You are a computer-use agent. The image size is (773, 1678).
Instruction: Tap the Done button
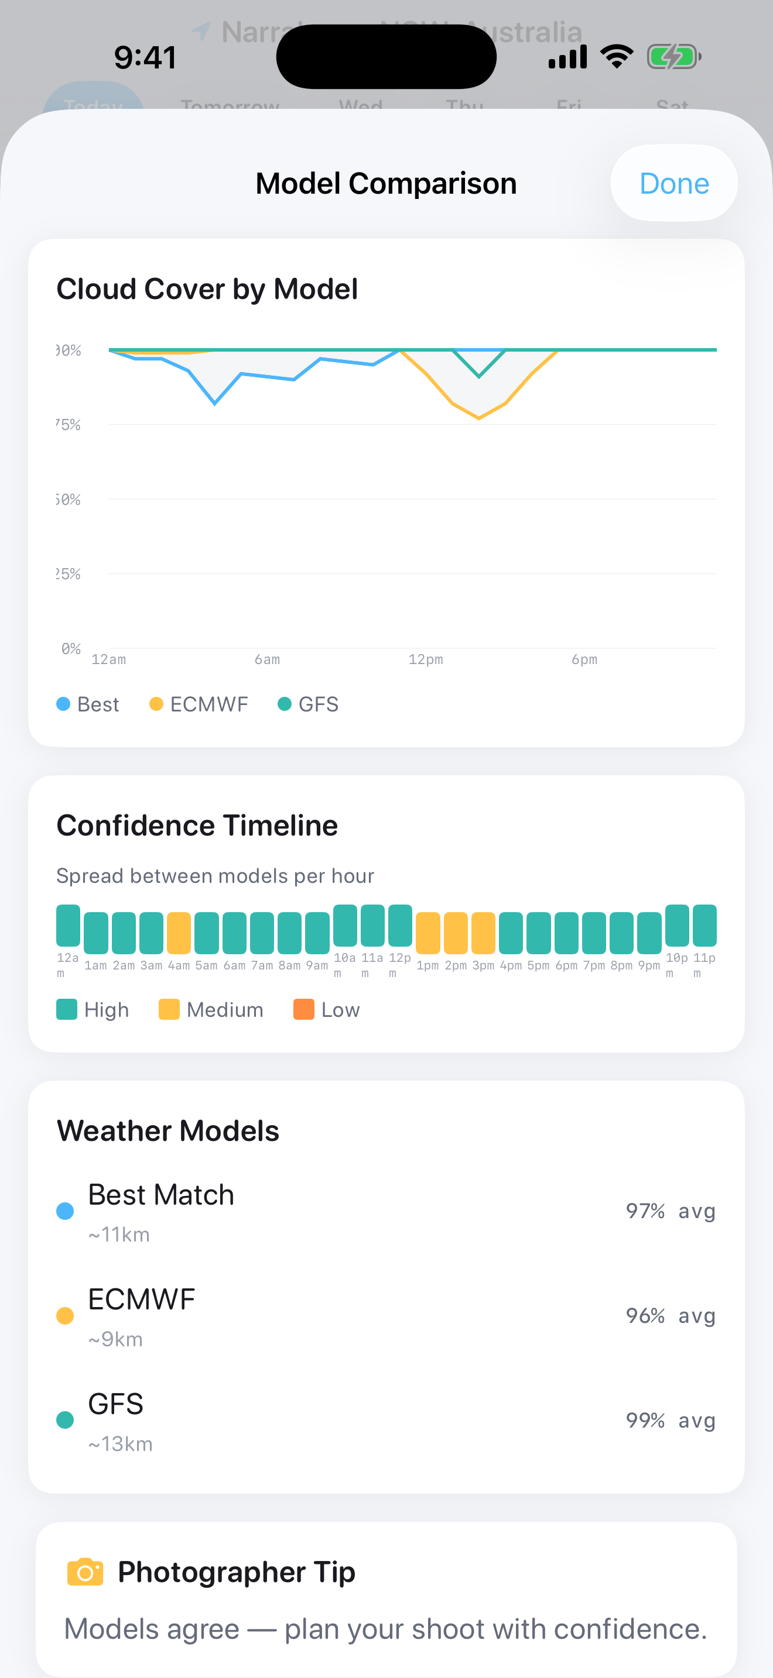(673, 184)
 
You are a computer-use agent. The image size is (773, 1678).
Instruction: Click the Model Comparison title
(386, 184)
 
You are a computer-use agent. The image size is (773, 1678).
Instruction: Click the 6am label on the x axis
(267, 659)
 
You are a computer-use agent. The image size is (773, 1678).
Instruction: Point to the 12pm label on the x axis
(426, 659)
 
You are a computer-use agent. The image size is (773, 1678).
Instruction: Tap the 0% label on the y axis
(70, 648)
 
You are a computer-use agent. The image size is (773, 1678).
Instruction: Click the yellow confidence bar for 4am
(179, 933)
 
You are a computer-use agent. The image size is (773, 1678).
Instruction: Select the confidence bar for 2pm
(456, 933)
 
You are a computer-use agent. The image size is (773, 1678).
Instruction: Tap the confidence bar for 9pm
(649, 933)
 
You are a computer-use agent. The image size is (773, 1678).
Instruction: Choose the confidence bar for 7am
(262, 933)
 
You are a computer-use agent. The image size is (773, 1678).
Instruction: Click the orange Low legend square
(304, 1009)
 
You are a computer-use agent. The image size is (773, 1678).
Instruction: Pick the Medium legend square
(169, 1009)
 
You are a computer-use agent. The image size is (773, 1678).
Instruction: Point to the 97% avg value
(670, 1211)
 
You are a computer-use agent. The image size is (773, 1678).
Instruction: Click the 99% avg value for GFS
(670, 1420)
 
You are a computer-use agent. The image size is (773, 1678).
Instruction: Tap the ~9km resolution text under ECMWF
(115, 1339)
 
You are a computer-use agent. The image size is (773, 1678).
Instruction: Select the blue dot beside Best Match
(65, 1211)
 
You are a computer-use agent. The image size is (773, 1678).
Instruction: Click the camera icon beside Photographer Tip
(85, 1572)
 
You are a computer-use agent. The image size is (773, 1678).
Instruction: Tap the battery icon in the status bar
(673, 57)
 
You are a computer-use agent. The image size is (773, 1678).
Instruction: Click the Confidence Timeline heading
(197, 826)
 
